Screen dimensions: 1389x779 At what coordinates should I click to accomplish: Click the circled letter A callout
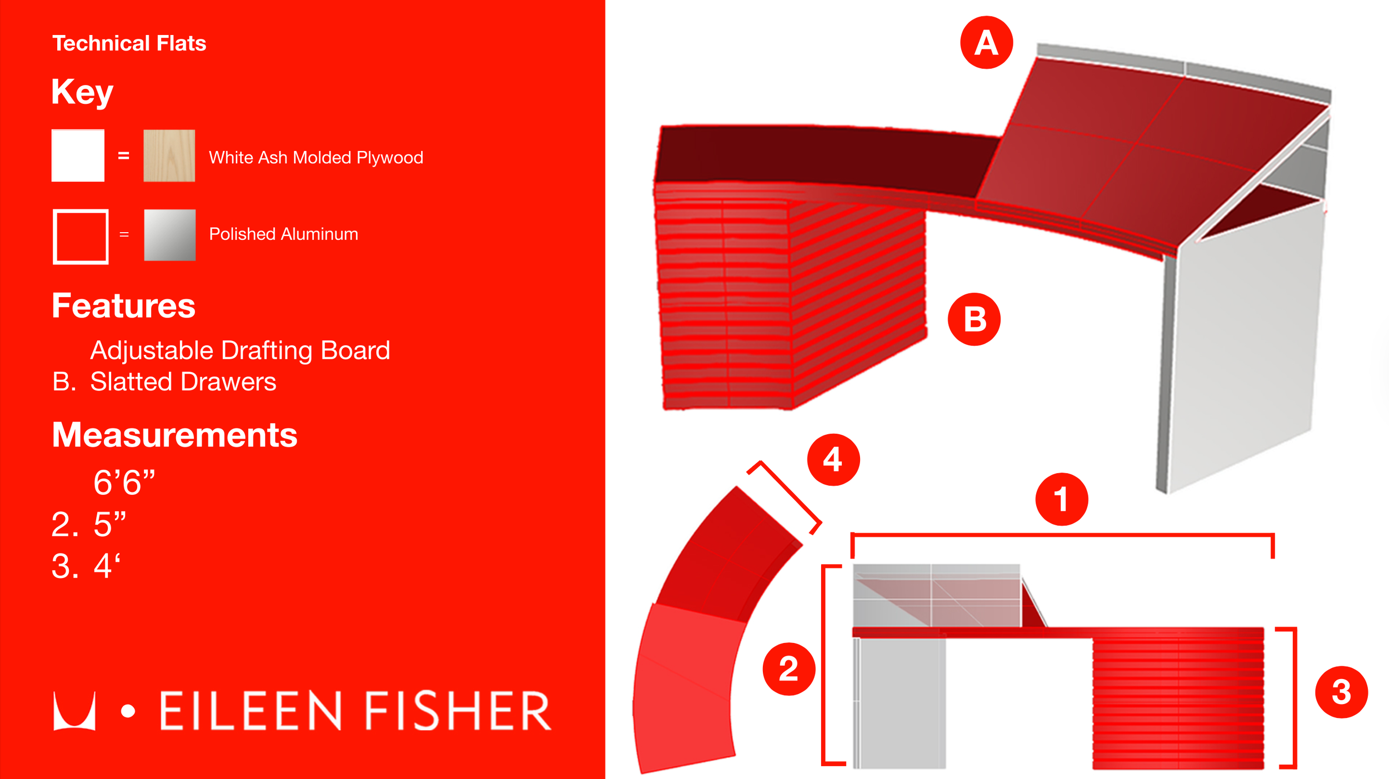986,42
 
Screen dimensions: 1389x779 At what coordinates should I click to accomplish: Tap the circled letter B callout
974,319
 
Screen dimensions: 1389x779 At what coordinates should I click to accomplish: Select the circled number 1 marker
1061,499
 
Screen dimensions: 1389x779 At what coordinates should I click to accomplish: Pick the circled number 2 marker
789,669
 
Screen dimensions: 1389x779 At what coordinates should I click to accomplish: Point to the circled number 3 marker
1341,692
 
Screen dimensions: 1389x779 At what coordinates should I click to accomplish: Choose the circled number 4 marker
833,460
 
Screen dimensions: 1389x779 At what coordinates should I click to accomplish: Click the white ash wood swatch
169,155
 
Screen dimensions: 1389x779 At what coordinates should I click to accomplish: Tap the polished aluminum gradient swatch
169,235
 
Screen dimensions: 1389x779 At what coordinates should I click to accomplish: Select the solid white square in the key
78,155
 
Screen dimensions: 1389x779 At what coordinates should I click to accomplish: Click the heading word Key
82,92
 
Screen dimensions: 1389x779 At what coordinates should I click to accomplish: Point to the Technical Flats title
129,43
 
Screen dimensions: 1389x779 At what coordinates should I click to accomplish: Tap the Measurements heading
174,435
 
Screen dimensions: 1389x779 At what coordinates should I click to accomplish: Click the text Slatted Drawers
183,382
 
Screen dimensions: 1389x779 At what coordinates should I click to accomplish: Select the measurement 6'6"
124,482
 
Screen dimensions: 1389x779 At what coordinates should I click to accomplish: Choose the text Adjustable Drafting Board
240,351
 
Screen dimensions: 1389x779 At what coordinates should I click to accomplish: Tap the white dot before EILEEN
128,711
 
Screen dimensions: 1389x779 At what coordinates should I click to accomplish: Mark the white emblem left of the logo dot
74,711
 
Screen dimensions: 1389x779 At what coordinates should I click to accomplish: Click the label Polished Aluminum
283,234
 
